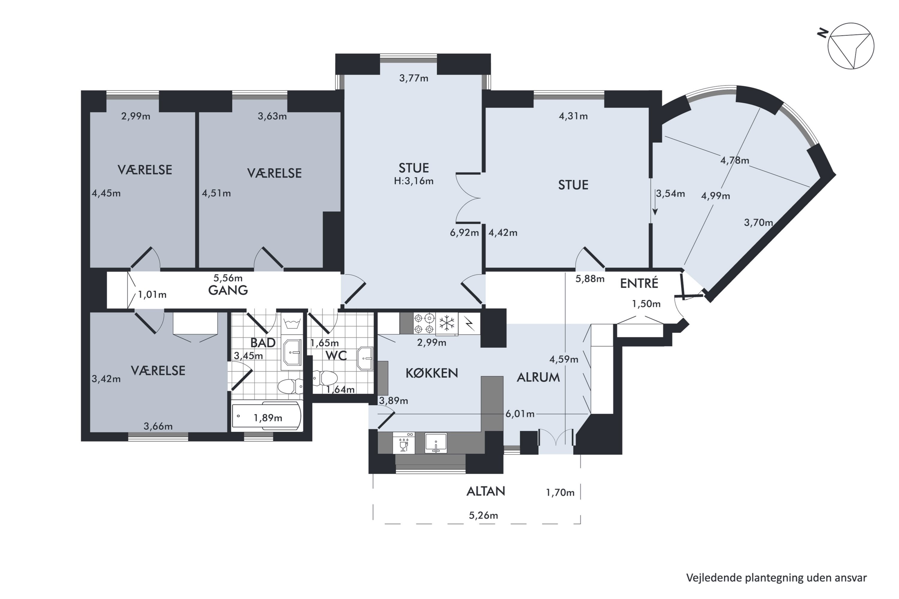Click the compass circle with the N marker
pos(851,46)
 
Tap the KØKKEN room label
pos(432,373)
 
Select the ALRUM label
pos(538,377)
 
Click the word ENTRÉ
pos(639,283)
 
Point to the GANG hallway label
pos(228,290)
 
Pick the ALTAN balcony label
pos(486,491)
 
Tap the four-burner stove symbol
pos(424,323)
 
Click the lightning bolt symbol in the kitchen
pos(469,324)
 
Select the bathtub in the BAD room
pos(266,416)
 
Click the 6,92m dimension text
pos(464,233)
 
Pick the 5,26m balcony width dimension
pos(484,515)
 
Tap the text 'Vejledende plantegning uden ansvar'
pos(776,578)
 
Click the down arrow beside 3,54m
pos(655,202)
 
